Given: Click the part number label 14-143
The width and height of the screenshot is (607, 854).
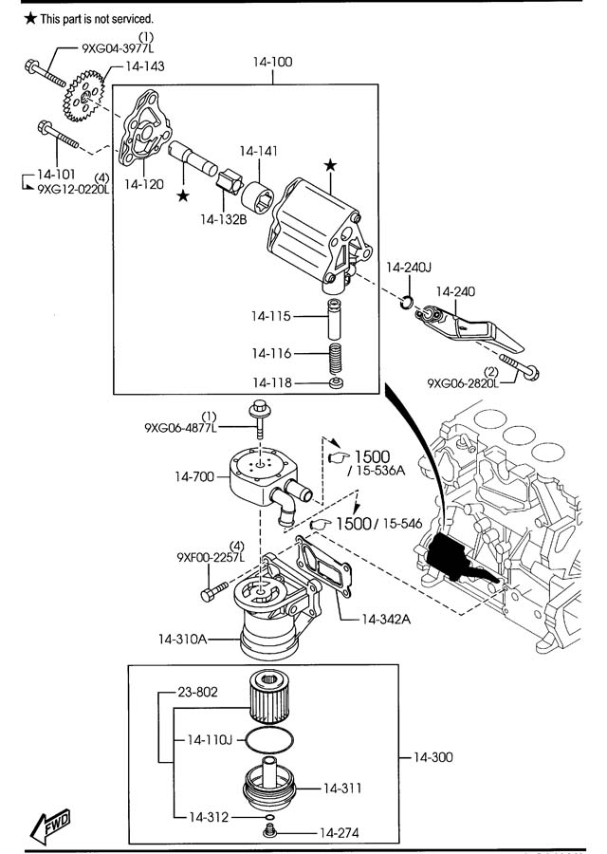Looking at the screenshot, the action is [145, 66].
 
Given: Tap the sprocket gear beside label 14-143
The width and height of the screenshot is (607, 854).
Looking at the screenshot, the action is [83, 97].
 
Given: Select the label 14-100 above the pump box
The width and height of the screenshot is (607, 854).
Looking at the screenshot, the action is [272, 62].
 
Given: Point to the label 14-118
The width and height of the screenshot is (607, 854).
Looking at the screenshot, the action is [271, 383].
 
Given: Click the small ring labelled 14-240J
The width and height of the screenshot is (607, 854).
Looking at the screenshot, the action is [407, 301].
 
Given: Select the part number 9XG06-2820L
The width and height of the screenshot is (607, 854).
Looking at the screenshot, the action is [463, 383].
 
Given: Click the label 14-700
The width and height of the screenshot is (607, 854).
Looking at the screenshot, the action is [194, 476].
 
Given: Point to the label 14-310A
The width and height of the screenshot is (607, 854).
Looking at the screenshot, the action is [182, 639].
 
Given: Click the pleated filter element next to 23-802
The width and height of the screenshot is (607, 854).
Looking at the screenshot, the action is [270, 697].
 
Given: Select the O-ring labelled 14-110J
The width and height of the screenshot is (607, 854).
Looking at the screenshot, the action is [269, 739].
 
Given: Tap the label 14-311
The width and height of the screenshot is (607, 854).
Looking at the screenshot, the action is [342, 789].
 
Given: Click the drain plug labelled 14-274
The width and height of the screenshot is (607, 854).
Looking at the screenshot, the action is [268, 831].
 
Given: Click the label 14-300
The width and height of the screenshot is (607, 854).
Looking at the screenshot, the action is [432, 757].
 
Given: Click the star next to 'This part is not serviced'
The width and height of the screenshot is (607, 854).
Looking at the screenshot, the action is [30, 19].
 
